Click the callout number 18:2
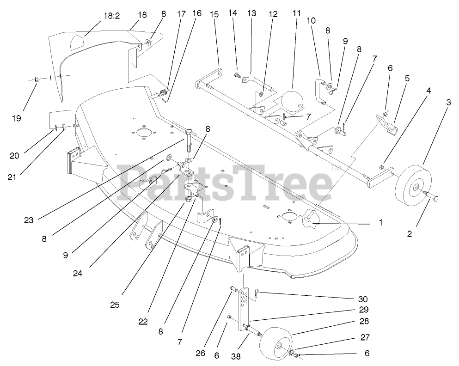pos(111,16)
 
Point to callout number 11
pos(296,14)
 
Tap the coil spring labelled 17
pos(162,93)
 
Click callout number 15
pos(214,14)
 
